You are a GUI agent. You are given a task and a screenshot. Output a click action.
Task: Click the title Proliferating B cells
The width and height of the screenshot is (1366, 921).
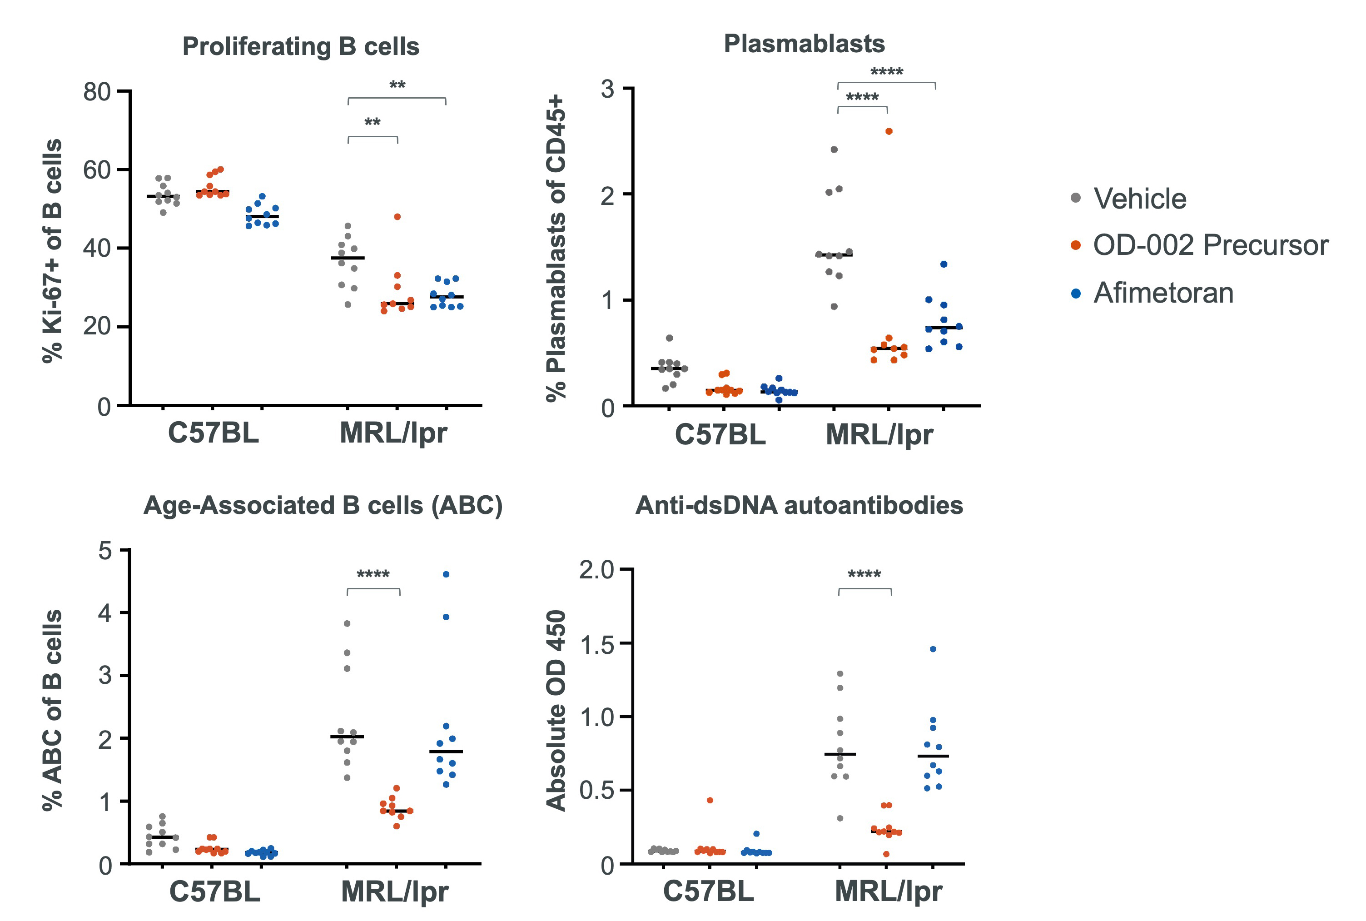click(301, 46)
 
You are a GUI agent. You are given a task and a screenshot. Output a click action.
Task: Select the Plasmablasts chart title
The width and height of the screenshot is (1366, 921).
click(804, 44)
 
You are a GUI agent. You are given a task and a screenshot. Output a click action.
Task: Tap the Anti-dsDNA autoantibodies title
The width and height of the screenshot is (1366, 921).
click(799, 505)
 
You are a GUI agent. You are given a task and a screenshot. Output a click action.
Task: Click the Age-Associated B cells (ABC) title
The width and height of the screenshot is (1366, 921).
click(323, 505)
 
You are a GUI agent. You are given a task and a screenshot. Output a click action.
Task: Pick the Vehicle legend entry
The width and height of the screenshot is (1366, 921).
click(1139, 199)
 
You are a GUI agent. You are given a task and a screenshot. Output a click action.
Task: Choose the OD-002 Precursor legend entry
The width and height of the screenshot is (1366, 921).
click(1210, 245)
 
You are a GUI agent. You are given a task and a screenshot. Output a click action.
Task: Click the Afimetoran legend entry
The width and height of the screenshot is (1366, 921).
click(1163, 293)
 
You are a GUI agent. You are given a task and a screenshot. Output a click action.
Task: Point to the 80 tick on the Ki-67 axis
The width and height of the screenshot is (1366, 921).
click(97, 92)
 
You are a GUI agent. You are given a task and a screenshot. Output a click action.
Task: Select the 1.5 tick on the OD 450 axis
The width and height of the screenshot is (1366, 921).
click(596, 644)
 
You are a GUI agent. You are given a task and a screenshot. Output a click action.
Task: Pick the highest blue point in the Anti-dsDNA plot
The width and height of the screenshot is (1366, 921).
click(933, 649)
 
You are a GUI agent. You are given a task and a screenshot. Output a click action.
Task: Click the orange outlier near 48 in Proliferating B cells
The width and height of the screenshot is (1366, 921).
click(397, 217)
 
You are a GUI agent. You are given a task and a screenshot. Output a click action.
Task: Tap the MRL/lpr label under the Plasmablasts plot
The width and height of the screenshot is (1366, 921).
click(879, 435)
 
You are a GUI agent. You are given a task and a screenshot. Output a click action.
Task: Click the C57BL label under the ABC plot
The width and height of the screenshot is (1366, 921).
click(214, 891)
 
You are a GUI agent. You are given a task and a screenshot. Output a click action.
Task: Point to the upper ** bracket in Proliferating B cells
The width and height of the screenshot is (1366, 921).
click(397, 99)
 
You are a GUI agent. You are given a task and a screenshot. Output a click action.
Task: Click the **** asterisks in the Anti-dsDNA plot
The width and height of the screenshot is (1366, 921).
click(864, 574)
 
